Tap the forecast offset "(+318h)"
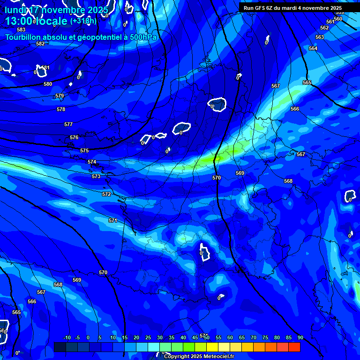pos(83,21)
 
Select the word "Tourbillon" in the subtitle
pos(24,37)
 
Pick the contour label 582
pos(40,44)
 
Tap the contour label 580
pos(48,84)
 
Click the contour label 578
pos(61,109)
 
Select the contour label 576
pos(74,137)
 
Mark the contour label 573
pos(96,177)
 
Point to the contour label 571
pos(113,220)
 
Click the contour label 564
pos(313,49)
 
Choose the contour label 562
pos(324,28)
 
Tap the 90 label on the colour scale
pos(300,338)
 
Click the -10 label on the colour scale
pos(67,338)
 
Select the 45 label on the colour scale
pos(195,338)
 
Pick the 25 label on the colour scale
pos(148,338)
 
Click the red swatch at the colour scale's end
pos(294,347)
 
